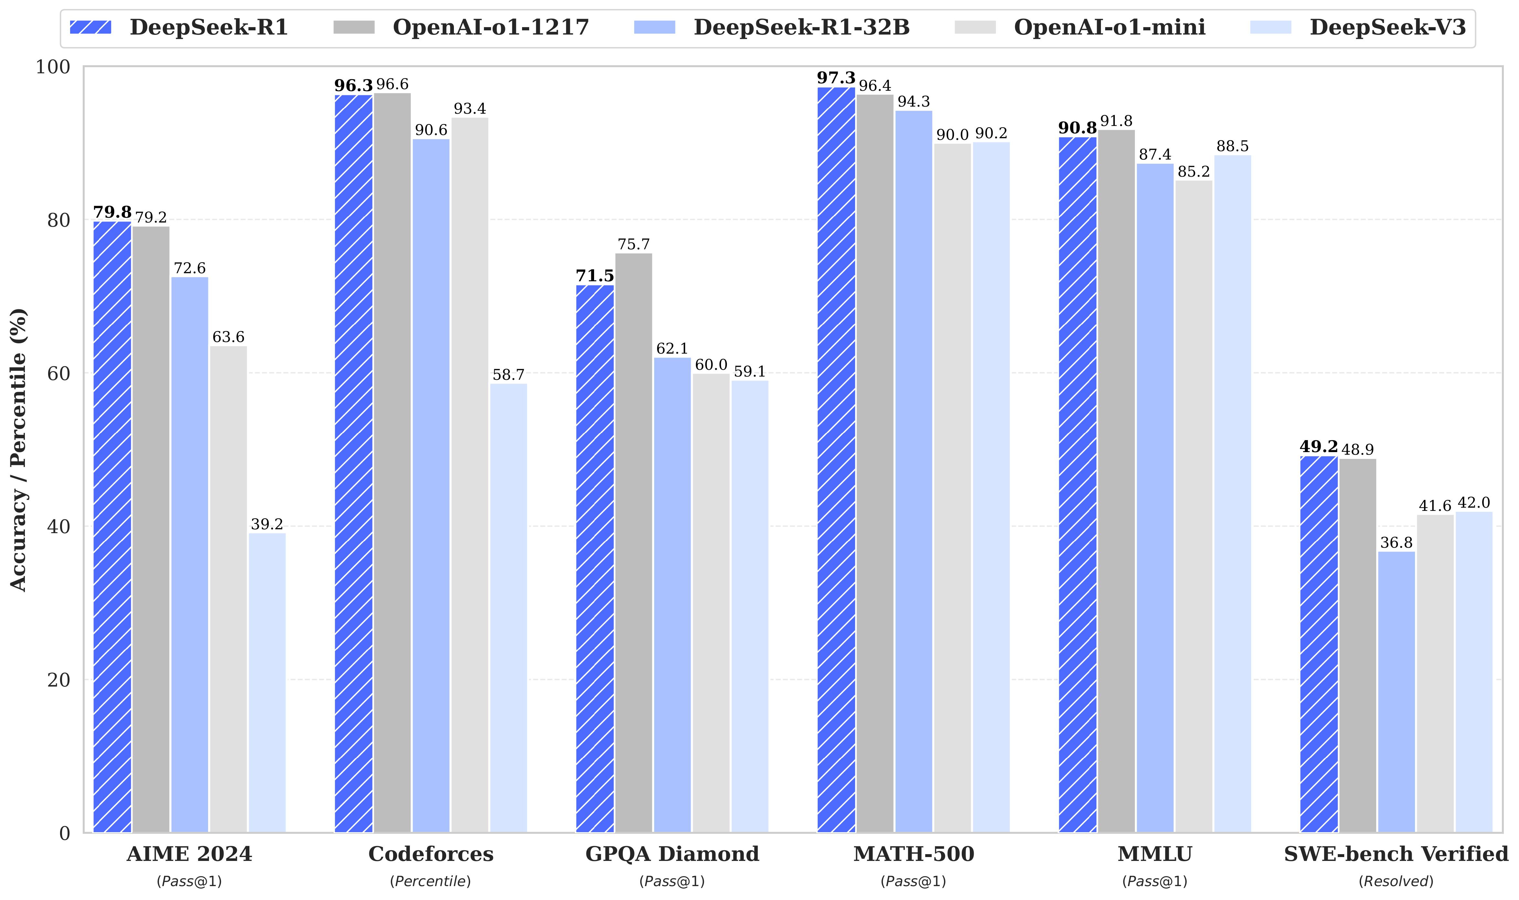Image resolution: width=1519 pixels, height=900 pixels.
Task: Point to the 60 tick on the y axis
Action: (59, 374)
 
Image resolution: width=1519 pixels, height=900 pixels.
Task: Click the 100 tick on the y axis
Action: (53, 67)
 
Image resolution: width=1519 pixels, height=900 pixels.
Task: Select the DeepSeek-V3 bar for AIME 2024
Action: (267, 682)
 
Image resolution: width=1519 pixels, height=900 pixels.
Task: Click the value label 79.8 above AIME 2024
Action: (112, 212)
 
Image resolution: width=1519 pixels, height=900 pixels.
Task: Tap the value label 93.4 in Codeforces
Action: (469, 109)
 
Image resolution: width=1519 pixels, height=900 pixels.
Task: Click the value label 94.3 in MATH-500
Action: (914, 101)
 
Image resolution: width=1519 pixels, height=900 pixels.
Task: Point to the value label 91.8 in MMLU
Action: (1116, 121)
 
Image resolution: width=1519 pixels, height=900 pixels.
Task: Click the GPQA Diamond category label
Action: (672, 854)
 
